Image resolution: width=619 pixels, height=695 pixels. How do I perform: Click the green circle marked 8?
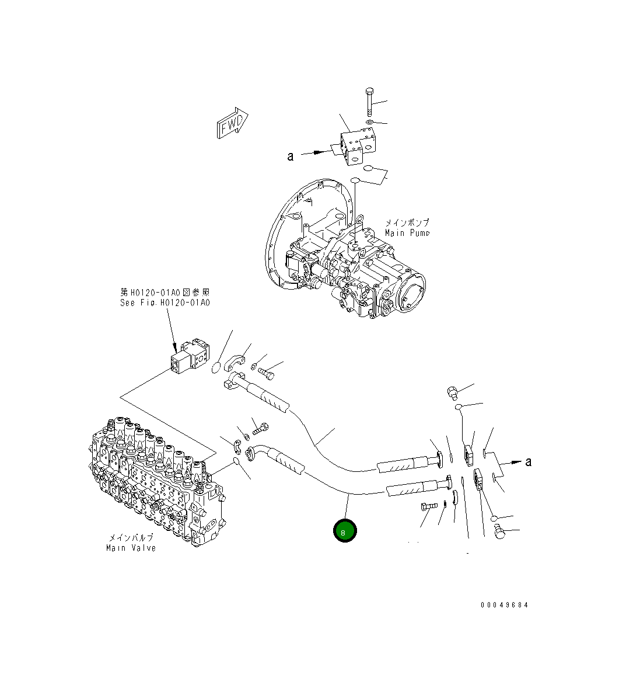point(344,531)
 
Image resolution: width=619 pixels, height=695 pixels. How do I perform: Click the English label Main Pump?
point(407,233)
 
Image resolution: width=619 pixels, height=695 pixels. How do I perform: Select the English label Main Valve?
point(131,548)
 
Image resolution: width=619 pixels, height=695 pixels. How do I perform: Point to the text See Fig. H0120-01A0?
point(165,303)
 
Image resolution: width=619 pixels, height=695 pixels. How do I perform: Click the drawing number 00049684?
point(504,605)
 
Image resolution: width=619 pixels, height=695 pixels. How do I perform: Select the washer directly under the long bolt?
point(370,124)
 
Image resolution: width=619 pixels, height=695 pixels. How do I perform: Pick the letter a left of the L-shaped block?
point(289,156)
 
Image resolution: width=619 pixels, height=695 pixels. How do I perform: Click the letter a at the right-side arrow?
point(529,461)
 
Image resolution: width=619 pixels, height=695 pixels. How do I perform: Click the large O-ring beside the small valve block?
point(215,367)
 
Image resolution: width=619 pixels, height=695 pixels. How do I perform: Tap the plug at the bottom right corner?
point(499,532)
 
